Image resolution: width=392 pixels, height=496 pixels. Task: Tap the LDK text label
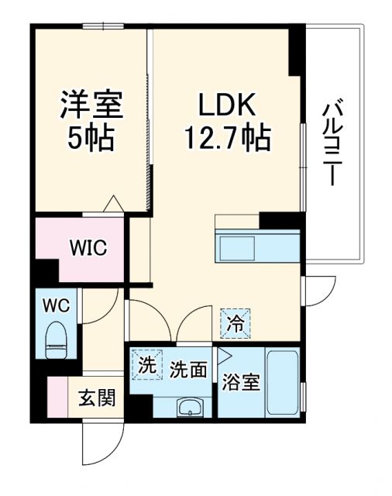[x=225, y=105]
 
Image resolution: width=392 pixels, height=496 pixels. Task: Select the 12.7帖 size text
[x=227, y=139]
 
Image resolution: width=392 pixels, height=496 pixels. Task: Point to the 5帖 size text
[x=91, y=139]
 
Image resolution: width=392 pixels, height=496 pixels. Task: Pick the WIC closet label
[x=90, y=249]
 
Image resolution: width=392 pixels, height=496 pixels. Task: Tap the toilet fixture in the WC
[x=57, y=339]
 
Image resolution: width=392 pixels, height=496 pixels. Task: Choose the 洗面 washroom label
[x=188, y=370]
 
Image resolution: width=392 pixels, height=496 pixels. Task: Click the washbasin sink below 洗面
[x=188, y=407]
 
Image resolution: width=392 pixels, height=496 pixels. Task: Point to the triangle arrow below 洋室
[x=114, y=203]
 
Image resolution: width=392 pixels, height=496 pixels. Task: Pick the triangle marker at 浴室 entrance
[x=224, y=356]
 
